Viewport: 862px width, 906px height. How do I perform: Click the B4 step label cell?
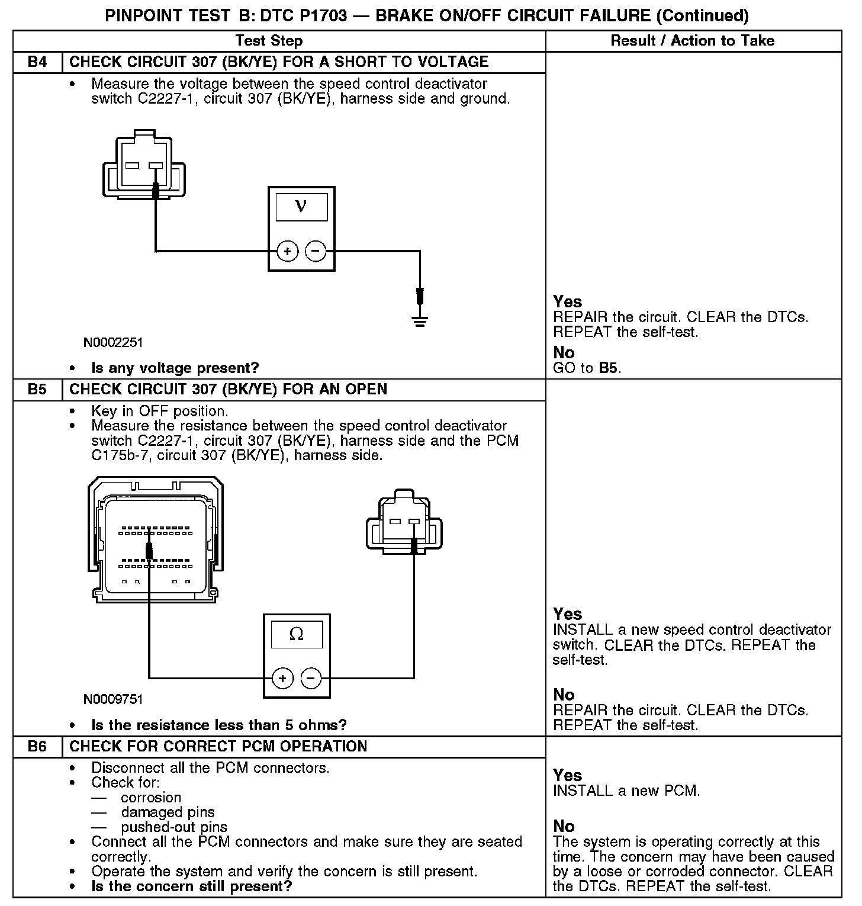pos(37,62)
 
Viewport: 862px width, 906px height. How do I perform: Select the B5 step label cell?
pos(37,390)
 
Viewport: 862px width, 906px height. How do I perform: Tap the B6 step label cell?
pos(37,747)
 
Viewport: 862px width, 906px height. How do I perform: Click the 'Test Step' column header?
pos(269,41)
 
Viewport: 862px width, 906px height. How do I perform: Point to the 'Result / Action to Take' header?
pos(692,41)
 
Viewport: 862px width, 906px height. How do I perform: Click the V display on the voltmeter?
pos(301,207)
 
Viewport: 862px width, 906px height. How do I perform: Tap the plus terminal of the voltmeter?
pos(287,252)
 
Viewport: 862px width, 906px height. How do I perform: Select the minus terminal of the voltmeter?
pos(316,252)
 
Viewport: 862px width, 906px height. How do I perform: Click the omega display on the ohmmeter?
pos(297,634)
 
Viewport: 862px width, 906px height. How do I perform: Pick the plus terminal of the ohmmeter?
pos(282,679)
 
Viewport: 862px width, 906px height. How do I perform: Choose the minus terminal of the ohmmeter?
pos(311,679)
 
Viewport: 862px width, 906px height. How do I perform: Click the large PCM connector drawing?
pos(156,538)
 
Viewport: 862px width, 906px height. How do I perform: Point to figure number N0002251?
pos(113,343)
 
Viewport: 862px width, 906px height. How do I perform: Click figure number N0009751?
pos(113,699)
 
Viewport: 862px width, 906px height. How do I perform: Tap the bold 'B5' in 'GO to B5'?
pos(608,368)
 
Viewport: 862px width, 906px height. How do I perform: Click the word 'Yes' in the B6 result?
pos(568,775)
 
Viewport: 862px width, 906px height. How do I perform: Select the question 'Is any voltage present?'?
pos(175,368)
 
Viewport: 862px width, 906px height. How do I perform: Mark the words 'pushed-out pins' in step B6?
pos(174,827)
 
